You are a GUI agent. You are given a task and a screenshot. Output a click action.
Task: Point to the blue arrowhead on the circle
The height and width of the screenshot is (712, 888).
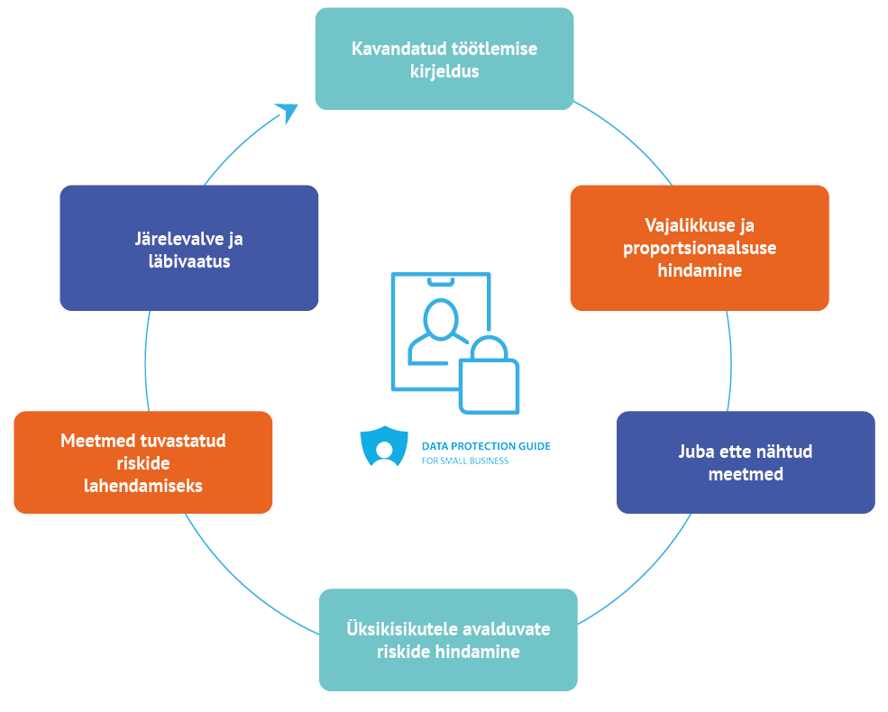pyautogui.click(x=287, y=112)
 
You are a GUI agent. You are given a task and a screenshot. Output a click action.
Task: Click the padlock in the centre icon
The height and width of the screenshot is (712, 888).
pyautogui.click(x=489, y=379)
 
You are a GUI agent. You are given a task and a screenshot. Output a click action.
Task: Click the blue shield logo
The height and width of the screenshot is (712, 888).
pyautogui.click(x=384, y=446)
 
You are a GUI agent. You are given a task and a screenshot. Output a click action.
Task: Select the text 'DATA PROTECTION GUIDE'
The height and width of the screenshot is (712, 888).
pyautogui.click(x=486, y=446)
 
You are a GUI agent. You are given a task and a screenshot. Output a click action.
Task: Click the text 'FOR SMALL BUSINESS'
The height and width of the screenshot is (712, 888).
pyautogui.click(x=465, y=461)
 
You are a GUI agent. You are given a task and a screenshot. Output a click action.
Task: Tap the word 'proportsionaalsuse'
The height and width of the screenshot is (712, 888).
pyautogui.click(x=700, y=248)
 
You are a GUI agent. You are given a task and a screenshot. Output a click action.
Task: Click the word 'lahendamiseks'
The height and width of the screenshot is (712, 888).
pyautogui.click(x=143, y=485)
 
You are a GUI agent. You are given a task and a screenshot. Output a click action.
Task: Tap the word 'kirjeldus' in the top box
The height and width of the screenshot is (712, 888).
pyautogui.click(x=444, y=70)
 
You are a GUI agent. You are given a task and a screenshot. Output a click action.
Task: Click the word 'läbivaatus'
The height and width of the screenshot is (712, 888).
pyautogui.click(x=188, y=261)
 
